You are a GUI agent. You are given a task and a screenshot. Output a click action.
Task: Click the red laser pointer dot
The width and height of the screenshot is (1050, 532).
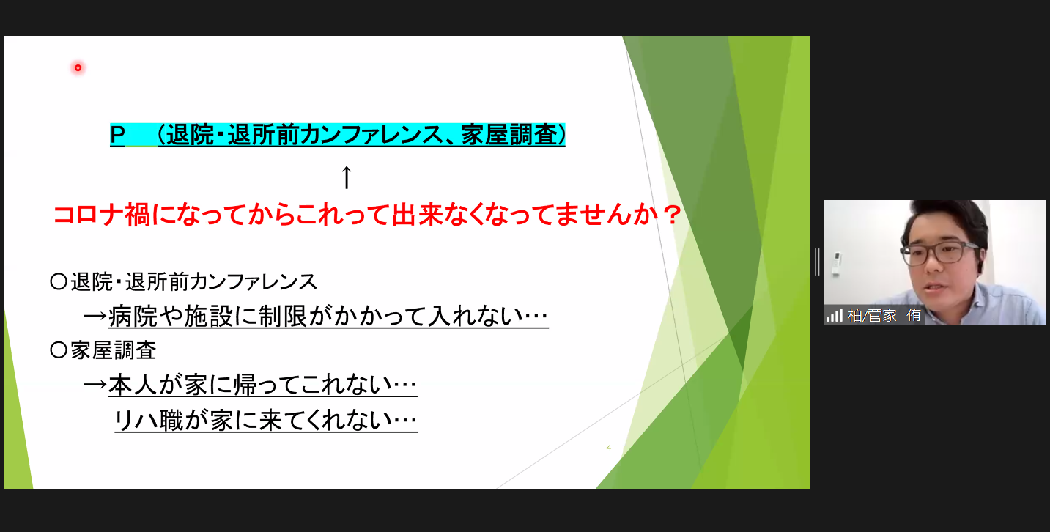point(78,68)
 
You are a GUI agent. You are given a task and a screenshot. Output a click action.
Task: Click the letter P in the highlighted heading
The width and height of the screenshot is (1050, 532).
point(118,136)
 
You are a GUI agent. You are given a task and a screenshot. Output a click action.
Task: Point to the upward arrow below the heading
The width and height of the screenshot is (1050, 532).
point(347,178)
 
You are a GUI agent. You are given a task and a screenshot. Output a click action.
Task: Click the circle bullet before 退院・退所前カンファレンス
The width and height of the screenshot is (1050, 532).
point(58,282)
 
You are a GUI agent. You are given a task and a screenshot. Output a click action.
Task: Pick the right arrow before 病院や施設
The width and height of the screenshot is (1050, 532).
point(95,317)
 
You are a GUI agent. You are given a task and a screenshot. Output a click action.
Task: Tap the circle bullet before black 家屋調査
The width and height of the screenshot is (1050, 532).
point(58,351)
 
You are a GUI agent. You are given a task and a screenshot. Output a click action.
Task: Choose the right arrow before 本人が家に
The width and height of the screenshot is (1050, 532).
point(95,385)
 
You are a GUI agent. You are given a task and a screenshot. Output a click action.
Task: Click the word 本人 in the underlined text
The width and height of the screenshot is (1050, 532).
point(133,385)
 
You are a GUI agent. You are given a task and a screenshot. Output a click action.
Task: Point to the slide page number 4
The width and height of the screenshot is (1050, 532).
point(609,448)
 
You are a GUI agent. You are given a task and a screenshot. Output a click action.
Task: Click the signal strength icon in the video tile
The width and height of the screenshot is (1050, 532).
point(835,316)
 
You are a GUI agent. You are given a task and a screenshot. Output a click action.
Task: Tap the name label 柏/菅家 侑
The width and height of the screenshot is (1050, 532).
point(884,316)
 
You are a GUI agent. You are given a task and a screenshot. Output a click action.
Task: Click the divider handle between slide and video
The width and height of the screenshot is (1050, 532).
point(817,262)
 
